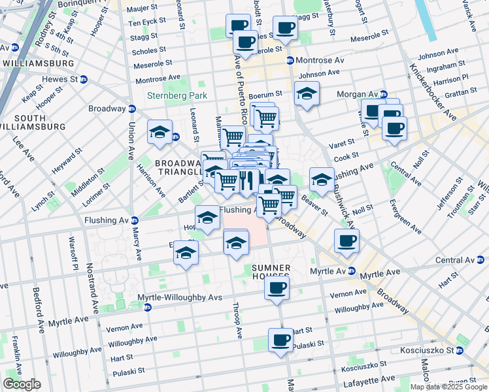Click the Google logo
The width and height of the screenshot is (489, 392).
point(22,384)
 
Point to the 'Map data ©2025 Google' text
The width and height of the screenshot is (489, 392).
point(448,387)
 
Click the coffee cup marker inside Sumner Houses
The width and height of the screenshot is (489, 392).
point(277,287)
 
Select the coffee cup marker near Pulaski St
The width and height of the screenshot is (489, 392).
point(280,340)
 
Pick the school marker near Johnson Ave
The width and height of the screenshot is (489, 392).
point(307,93)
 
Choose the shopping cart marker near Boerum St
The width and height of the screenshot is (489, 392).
point(266,118)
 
